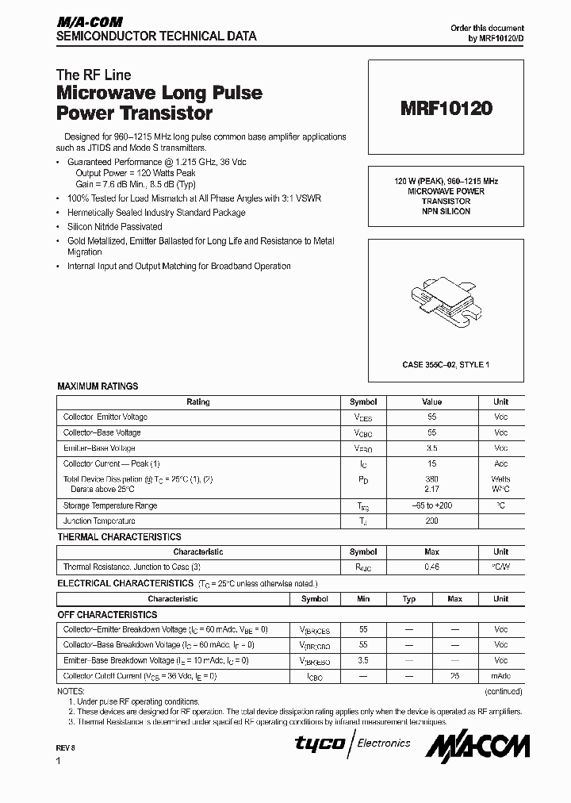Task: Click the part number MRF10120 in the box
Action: (x=445, y=109)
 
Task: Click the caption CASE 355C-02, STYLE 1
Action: (x=445, y=364)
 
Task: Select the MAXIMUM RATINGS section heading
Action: (x=98, y=386)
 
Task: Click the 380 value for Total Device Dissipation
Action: (x=431, y=479)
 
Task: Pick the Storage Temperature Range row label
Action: (x=110, y=505)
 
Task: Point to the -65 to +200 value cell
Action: (x=431, y=505)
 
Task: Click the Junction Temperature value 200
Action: (x=431, y=521)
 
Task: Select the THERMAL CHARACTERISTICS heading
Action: (x=119, y=537)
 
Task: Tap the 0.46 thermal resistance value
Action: (x=431, y=567)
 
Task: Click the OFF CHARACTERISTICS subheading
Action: (x=107, y=615)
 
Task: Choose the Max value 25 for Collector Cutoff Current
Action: (x=454, y=676)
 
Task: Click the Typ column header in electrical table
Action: (x=409, y=599)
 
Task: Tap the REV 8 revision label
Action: (x=65, y=748)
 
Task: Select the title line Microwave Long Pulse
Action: (x=159, y=93)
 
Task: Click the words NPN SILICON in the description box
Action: (x=445, y=212)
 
